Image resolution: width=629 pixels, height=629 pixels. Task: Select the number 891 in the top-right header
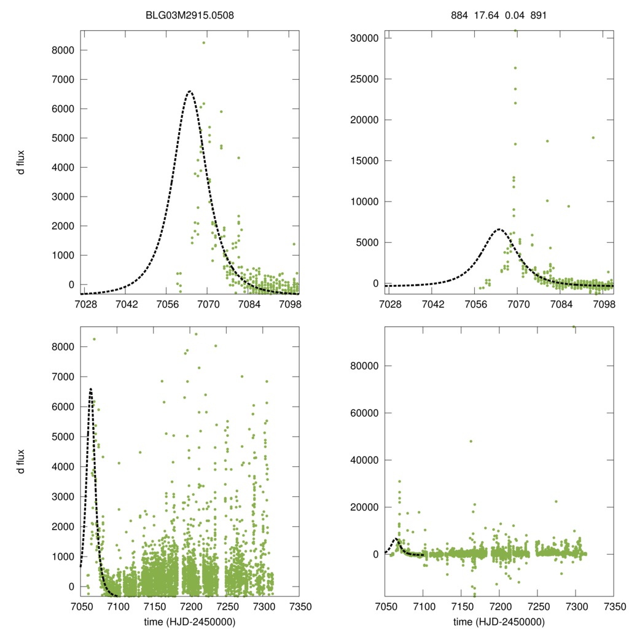coord(537,15)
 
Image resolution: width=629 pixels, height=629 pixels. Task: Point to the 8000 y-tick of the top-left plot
coord(63,50)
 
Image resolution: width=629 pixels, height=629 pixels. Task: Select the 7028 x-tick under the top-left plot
coord(85,303)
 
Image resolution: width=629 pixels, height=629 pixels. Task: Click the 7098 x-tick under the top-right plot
coord(604,303)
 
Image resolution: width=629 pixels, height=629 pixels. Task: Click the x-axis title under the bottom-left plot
coord(190,622)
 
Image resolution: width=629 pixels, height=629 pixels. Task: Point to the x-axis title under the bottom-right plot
coord(499,622)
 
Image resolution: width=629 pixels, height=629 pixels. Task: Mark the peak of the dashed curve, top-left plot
coord(190,92)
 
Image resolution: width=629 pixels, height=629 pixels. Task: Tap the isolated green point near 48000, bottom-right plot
coord(471,441)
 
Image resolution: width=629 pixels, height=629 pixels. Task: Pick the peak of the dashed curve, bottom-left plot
coord(91,389)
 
